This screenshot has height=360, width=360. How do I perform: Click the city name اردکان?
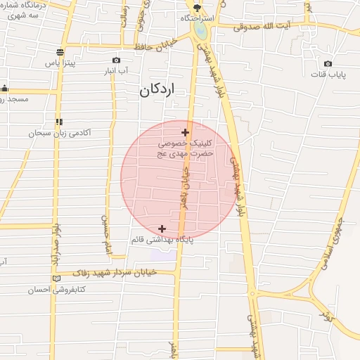coord(156,90)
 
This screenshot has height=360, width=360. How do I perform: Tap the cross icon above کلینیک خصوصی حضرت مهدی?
coord(185,132)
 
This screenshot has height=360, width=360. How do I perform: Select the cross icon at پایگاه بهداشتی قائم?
coord(162,229)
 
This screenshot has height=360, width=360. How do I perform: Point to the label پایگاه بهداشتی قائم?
coord(162,240)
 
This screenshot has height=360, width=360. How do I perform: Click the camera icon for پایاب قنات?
coord(328,64)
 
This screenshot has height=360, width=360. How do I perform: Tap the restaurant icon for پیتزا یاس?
coord(61,52)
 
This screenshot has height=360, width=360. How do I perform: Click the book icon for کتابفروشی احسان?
coord(57,279)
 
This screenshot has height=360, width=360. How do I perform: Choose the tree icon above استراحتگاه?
coord(196,6)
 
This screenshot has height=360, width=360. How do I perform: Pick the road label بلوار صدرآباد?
coord(55,246)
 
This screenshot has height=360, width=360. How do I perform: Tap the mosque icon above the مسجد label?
coord(4,89)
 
